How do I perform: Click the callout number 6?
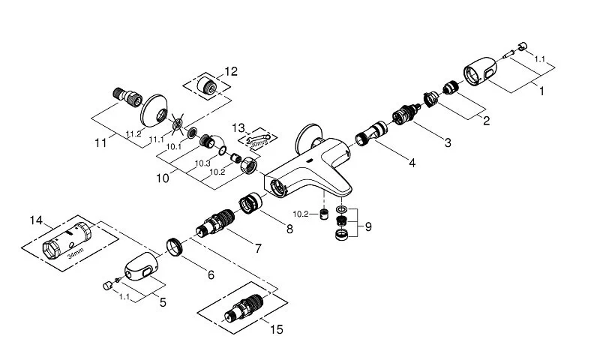[211, 275]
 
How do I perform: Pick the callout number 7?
[257, 247]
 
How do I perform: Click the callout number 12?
[231, 71]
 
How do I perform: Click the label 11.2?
[133, 133]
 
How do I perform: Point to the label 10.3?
[201, 163]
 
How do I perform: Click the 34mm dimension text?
[74, 253]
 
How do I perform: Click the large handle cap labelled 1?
[484, 76]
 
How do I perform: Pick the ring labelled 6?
[175, 246]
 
